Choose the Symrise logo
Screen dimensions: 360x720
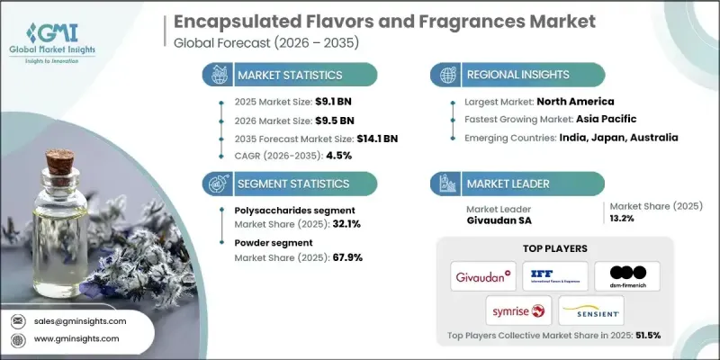pos(517,311)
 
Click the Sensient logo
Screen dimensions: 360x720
pos(591,311)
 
